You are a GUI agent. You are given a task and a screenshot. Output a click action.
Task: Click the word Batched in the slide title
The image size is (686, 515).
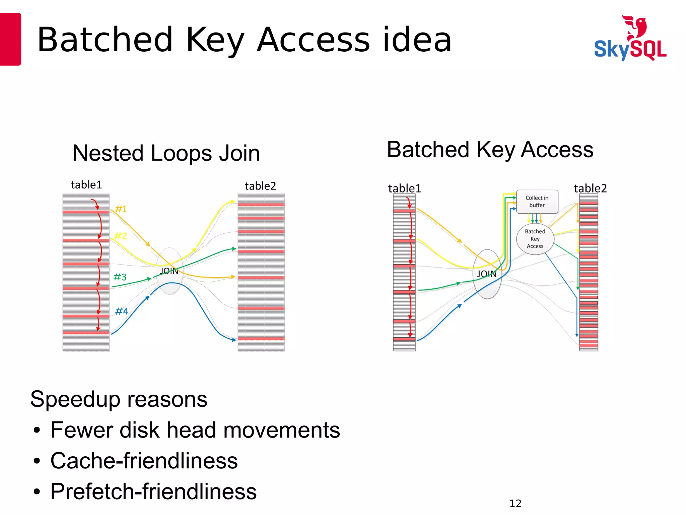click(105, 40)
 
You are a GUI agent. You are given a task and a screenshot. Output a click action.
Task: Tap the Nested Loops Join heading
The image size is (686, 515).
click(166, 153)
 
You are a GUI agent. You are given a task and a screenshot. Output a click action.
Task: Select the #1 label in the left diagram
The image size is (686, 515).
click(121, 209)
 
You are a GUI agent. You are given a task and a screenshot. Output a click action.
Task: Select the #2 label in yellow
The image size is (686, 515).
click(121, 236)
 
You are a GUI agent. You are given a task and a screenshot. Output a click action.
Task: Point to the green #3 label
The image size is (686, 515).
click(120, 277)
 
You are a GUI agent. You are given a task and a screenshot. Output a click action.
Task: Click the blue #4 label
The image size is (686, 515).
click(122, 311)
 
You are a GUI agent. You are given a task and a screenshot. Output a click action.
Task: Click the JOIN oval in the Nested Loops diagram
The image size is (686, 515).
click(169, 271)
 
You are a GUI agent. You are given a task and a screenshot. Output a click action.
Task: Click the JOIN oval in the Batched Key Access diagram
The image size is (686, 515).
click(487, 274)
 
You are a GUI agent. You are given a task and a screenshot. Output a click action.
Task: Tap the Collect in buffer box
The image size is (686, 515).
click(537, 202)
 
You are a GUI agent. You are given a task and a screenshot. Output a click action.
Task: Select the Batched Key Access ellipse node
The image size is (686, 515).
click(535, 239)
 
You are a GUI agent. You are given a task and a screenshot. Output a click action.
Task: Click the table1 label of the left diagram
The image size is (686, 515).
click(86, 185)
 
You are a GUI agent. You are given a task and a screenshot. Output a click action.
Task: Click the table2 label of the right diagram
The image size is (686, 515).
click(590, 188)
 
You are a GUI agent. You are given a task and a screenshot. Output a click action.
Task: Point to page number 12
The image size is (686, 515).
click(515, 503)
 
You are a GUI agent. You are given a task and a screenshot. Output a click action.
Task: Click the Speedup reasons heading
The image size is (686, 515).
click(119, 399)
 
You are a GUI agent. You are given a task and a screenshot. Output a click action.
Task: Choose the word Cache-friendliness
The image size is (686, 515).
click(144, 461)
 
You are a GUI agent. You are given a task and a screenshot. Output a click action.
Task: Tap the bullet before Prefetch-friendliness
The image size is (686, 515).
click(37, 492)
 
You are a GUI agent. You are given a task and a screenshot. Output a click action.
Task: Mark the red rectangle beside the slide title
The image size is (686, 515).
click(10, 39)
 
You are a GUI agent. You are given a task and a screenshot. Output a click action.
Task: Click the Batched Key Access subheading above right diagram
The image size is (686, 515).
click(490, 150)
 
